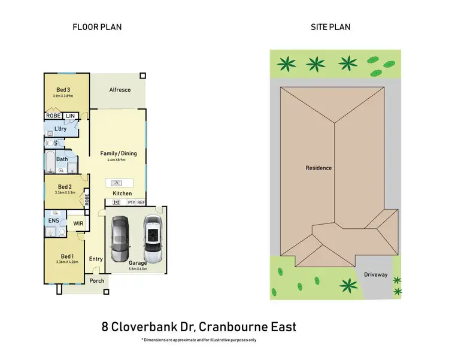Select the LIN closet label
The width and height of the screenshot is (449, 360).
[70, 116]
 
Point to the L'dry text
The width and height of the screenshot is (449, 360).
[60, 129]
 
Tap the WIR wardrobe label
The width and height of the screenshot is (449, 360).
[78, 224]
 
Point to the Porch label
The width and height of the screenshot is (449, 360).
[96, 281]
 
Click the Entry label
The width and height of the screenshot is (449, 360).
[96, 259]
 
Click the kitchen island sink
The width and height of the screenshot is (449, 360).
[117, 183]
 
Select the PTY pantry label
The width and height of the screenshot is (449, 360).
[131, 202]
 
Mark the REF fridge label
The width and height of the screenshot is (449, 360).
[141, 202]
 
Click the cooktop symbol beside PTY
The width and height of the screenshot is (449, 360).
[117, 202]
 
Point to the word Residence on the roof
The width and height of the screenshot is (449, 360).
[318, 168]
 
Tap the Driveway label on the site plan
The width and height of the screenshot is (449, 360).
[375, 275]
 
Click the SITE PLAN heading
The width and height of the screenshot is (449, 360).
[330, 27]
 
